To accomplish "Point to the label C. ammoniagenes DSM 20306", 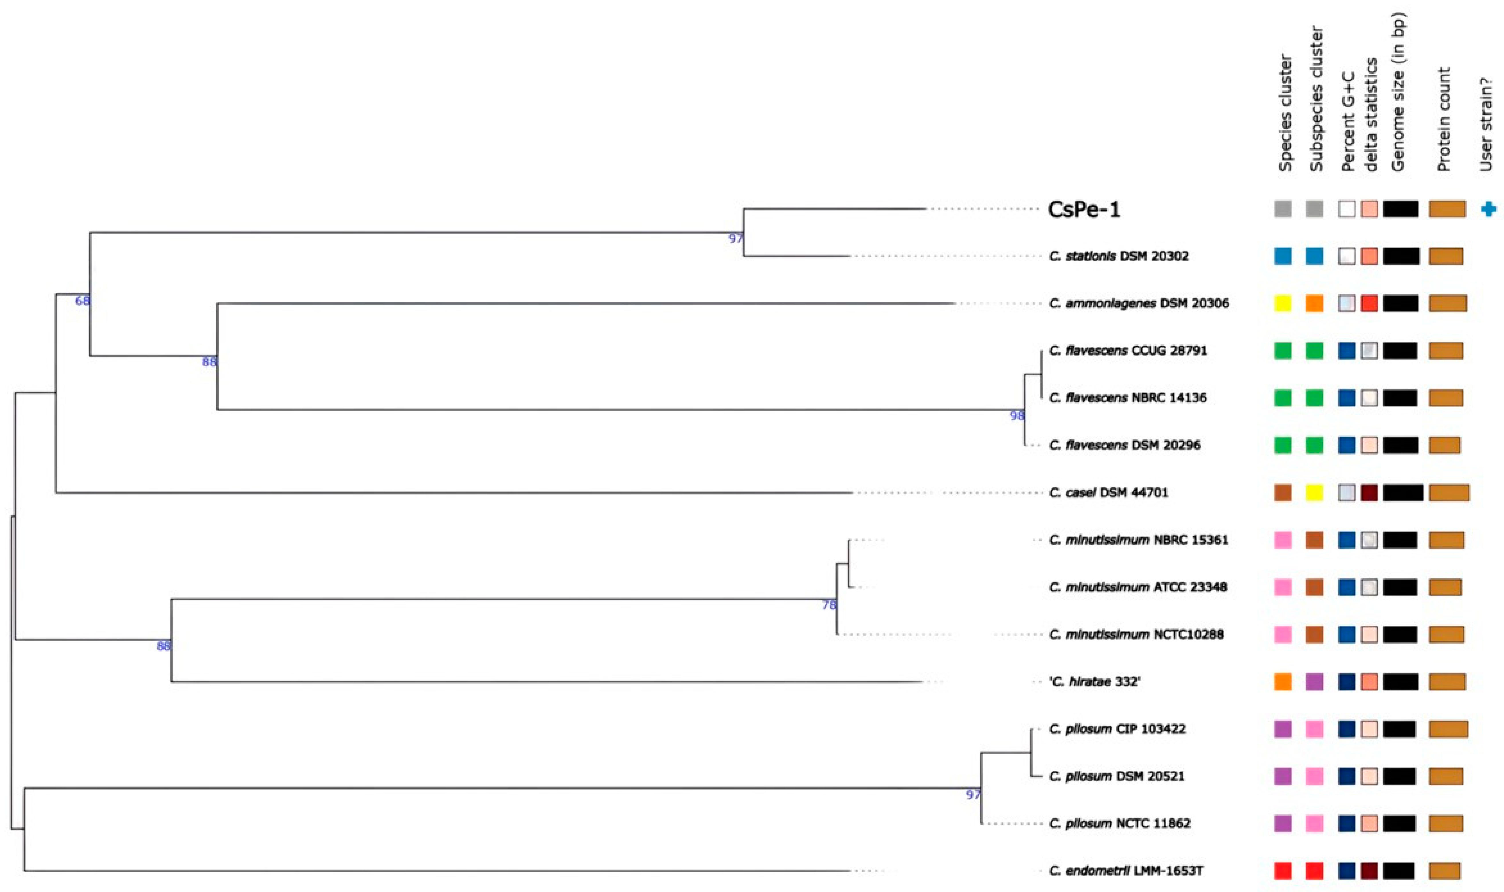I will tap(1138, 304).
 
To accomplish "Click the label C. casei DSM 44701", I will tap(1108, 493).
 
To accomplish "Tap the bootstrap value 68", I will tap(82, 301).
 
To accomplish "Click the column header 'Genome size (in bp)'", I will tap(1398, 93).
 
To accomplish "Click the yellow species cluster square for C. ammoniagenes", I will tap(1283, 304).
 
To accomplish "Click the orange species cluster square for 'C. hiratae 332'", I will tap(1283, 682).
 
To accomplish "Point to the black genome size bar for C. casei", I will tap(1403, 493).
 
